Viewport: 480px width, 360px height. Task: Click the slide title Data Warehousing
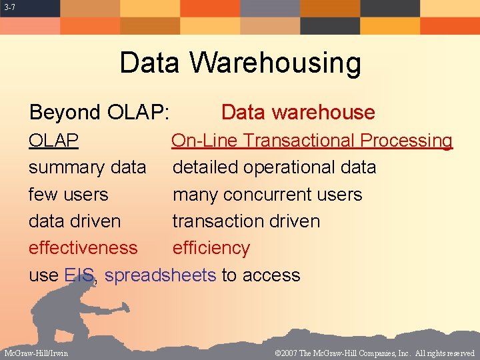(240, 63)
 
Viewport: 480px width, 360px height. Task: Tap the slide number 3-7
(9, 7)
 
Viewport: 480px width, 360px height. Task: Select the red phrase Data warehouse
(297, 113)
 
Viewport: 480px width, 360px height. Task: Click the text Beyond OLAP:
(99, 113)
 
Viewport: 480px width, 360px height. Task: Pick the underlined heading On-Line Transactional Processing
(312, 141)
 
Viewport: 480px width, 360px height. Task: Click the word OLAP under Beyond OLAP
(53, 141)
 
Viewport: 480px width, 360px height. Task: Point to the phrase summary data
(87, 167)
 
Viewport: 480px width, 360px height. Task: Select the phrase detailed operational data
(274, 167)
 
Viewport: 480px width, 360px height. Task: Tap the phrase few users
(68, 195)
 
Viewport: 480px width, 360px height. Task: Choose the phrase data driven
(75, 221)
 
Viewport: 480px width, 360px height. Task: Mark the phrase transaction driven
(246, 221)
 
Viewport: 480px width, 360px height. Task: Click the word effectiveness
(83, 248)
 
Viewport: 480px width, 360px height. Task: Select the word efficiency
(211, 248)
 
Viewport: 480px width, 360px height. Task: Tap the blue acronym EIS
(80, 275)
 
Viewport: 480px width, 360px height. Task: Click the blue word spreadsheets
(160, 275)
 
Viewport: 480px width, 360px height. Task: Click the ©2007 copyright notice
(374, 353)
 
